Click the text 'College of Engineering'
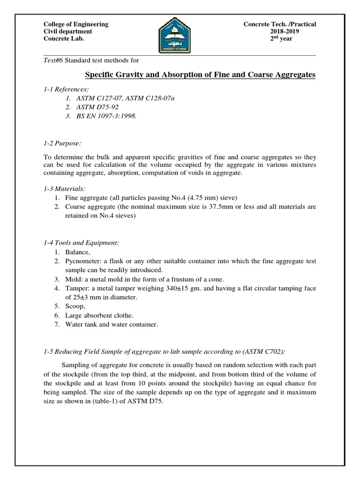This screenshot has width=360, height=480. pyautogui.click(x=75, y=24)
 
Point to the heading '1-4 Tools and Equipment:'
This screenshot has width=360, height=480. pyautogui.click(x=81, y=242)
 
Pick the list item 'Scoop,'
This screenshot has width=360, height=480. pyautogui.click(x=75, y=306)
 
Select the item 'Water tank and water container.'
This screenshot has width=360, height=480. pyautogui.click(x=112, y=324)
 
